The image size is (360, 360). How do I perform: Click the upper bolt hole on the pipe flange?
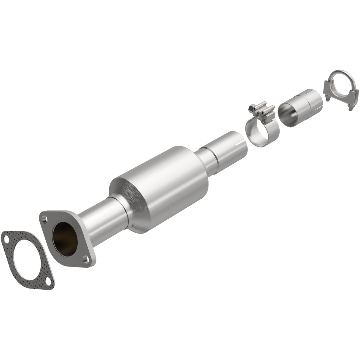44,219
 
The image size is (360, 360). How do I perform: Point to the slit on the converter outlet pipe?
237,144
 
